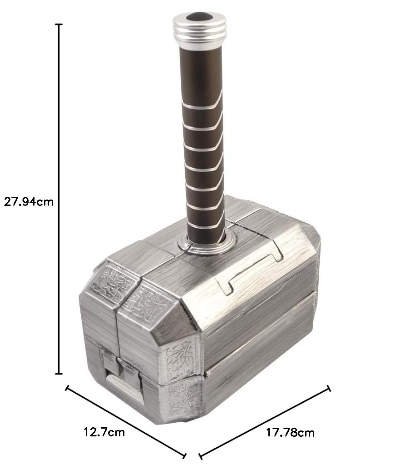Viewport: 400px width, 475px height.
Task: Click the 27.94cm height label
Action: tap(29, 201)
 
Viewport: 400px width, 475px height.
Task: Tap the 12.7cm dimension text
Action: tap(104, 432)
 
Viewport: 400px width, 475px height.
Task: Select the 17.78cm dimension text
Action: tap(290, 433)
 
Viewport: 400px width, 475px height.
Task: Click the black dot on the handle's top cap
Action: tap(199, 17)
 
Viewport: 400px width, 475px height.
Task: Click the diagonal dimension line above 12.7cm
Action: tap(126, 422)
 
